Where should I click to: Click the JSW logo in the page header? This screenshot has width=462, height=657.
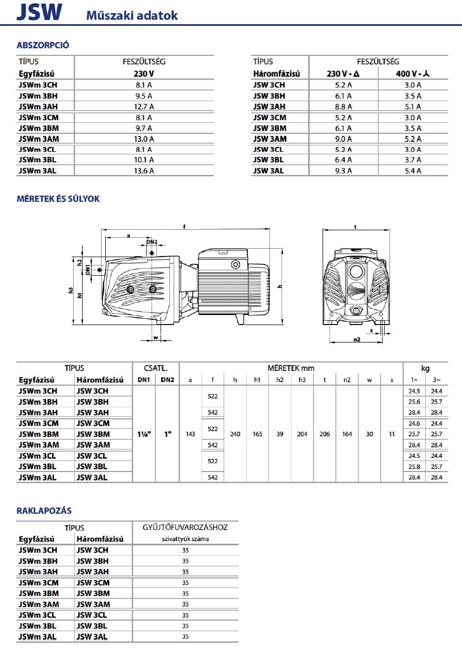tap(39, 12)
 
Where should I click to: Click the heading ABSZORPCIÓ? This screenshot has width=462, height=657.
tap(43, 45)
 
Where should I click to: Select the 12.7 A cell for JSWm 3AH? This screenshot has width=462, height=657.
tap(144, 107)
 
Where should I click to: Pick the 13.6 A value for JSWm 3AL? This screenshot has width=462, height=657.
tap(144, 171)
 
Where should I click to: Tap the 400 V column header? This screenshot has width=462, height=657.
tap(413, 73)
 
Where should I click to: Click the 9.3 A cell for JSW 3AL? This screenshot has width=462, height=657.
tap(344, 171)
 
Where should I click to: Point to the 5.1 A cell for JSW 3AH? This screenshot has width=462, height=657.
tap(413, 107)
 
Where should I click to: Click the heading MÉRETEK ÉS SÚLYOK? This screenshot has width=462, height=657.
tap(58, 199)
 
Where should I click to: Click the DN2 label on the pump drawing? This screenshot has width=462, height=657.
tap(152, 242)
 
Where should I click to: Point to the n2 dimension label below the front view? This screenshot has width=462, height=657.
tap(357, 339)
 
